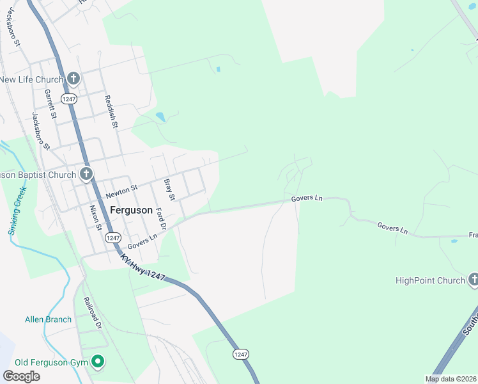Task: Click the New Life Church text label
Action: [x=31, y=79]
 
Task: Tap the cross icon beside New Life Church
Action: [x=73, y=79]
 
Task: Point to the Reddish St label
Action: [x=111, y=111]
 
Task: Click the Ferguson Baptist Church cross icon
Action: [x=86, y=174]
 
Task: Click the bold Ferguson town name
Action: [x=131, y=210]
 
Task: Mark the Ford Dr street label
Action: [x=160, y=220]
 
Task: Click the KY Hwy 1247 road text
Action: [x=142, y=268]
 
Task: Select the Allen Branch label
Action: [x=48, y=319]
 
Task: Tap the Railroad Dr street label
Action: [x=91, y=313]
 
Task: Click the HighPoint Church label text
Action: [x=430, y=280]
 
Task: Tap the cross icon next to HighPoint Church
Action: [x=474, y=280]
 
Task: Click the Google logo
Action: [x=21, y=376]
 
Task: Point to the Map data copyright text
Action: [x=451, y=379]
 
